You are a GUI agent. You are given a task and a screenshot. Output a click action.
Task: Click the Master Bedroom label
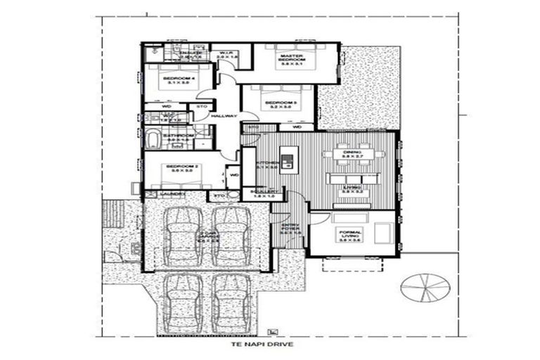[290, 58]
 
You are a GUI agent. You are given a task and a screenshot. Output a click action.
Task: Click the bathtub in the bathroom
[154, 137]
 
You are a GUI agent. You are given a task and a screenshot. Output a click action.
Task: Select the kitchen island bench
[285, 160]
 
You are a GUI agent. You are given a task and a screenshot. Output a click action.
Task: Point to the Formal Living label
[349, 236]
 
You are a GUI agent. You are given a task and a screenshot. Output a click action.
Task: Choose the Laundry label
[172, 194]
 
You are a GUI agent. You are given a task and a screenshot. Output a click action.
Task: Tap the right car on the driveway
[231, 302]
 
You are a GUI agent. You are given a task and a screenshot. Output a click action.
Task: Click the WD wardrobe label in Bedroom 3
[297, 127]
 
